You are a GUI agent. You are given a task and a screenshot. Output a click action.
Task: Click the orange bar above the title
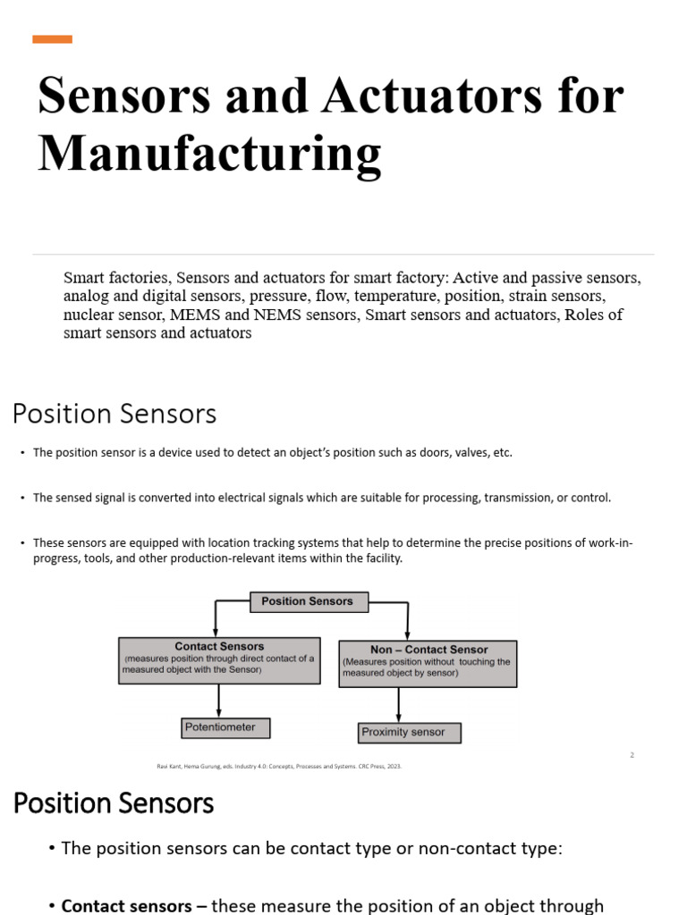tap(52, 39)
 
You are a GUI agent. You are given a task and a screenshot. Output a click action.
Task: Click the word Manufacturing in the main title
tap(209, 153)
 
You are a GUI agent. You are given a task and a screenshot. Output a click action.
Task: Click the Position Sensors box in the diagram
tap(307, 602)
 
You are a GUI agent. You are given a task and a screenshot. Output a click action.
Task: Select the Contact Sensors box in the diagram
tap(219, 660)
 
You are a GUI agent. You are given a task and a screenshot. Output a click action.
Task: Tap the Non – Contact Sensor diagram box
tap(428, 662)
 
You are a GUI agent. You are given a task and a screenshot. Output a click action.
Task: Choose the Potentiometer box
tap(225, 727)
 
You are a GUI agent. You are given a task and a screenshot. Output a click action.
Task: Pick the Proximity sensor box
tap(409, 733)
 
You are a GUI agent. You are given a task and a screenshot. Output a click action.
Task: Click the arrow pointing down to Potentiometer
tap(219, 700)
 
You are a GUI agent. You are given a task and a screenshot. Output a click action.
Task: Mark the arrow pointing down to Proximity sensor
tap(399, 704)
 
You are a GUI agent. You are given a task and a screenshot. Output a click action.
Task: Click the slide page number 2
tap(632, 755)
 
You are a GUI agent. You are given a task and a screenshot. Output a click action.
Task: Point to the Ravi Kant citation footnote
tap(278, 766)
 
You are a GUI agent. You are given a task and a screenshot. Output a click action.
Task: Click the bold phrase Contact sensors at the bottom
tap(126, 905)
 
